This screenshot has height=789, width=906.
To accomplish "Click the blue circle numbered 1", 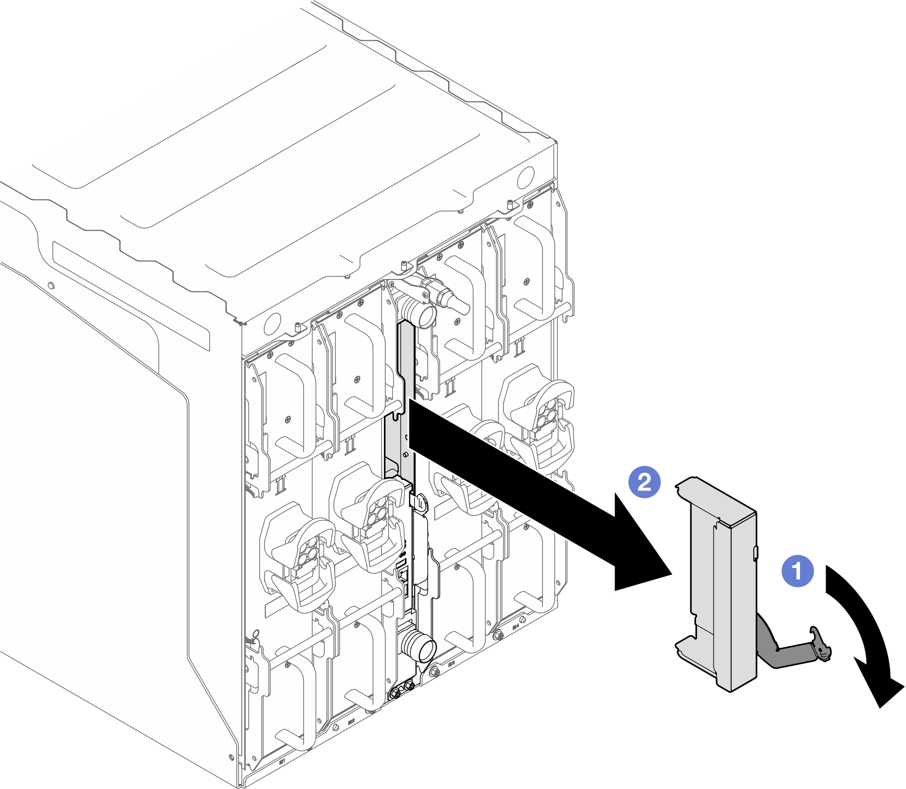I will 797,571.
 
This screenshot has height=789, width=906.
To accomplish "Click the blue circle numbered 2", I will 645,482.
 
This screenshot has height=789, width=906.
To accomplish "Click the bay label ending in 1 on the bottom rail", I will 282,762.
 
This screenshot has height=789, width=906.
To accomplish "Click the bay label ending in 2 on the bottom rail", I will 351,721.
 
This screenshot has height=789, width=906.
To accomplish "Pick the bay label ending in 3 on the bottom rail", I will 451,664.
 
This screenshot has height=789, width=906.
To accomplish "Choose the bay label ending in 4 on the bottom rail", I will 516,627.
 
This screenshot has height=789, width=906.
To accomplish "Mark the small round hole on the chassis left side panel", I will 50,286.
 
